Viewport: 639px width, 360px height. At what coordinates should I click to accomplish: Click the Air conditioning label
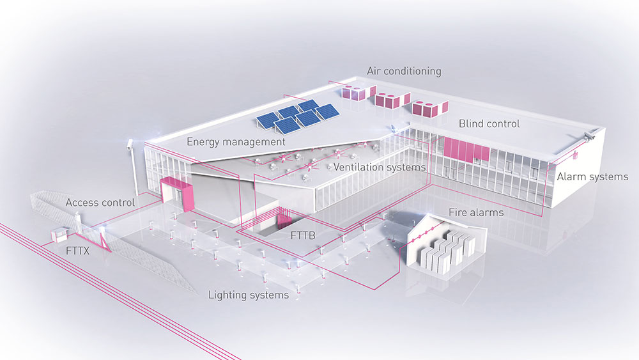[x=403, y=71]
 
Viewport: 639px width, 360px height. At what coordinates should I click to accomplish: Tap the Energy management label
[x=236, y=141]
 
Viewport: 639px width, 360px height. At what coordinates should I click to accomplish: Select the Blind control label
[x=489, y=123]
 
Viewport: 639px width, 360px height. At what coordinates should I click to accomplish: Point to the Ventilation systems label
[x=379, y=167]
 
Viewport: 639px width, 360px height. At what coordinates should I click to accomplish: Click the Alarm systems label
[x=592, y=176]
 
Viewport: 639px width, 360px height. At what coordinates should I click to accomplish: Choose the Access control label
[x=100, y=203]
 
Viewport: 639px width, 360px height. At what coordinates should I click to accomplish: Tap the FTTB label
[x=303, y=235]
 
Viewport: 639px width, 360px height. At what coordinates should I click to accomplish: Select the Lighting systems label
[x=249, y=295]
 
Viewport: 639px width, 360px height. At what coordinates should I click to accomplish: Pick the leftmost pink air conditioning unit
[x=353, y=91]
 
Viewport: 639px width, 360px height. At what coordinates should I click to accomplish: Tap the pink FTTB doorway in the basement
[x=282, y=222]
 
